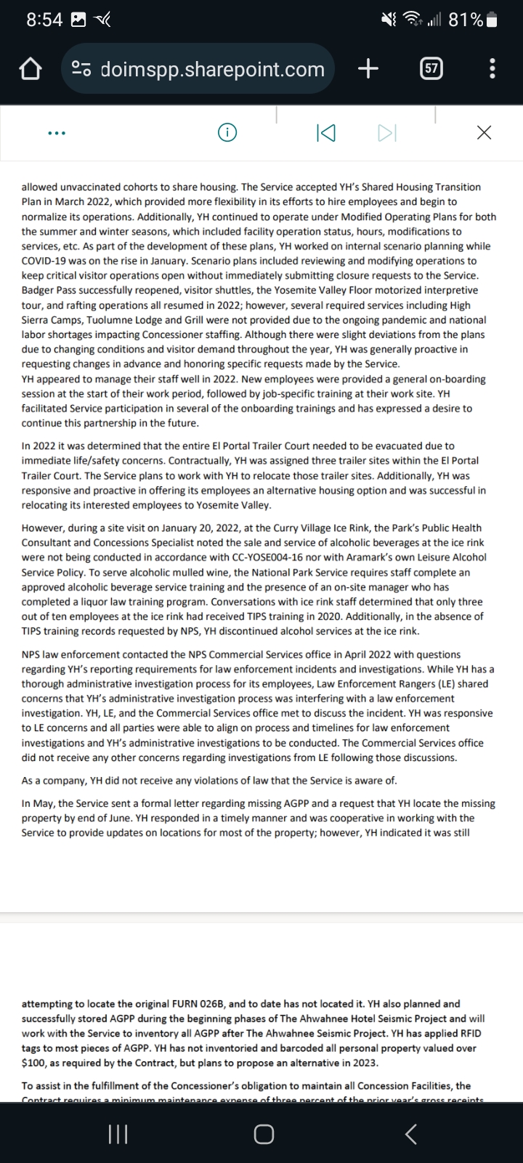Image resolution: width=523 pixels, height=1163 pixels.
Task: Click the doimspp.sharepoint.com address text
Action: click(x=212, y=69)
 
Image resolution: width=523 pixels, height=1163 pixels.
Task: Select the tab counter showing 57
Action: click(x=431, y=69)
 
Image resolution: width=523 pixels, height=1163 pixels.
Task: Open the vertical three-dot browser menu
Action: click(x=492, y=69)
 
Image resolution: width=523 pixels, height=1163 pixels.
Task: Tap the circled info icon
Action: click(x=227, y=132)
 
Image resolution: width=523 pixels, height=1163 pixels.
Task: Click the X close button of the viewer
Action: click(x=484, y=132)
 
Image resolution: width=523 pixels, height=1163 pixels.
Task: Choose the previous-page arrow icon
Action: click(x=326, y=132)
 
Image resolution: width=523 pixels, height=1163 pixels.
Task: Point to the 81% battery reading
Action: click(x=466, y=20)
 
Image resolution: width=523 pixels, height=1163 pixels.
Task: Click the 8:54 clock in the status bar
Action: click(x=44, y=20)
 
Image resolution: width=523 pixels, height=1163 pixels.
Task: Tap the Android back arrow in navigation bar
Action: click(x=411, y=1134)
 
